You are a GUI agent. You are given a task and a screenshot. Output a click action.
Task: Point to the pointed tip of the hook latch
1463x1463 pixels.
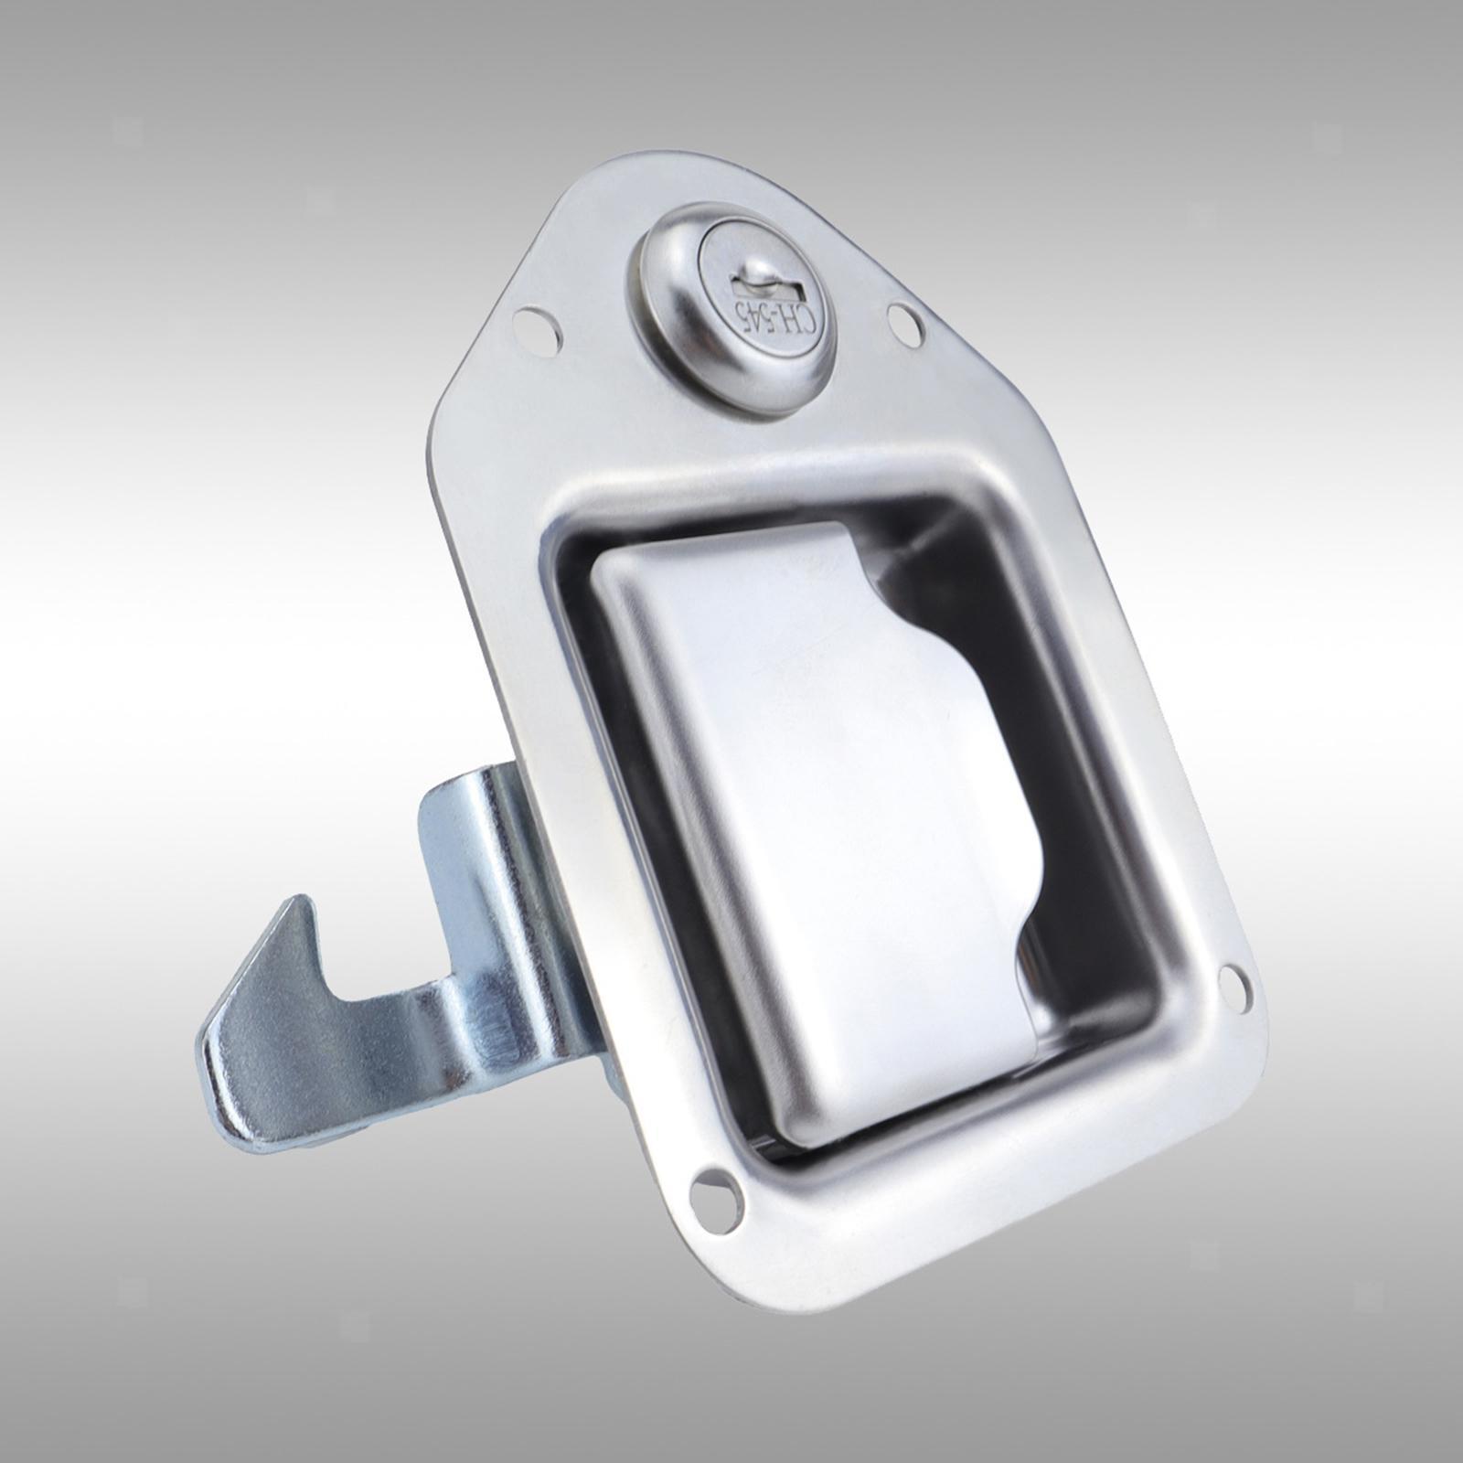(294, 905)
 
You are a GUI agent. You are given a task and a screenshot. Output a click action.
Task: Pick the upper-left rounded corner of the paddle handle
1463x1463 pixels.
(613, 567)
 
